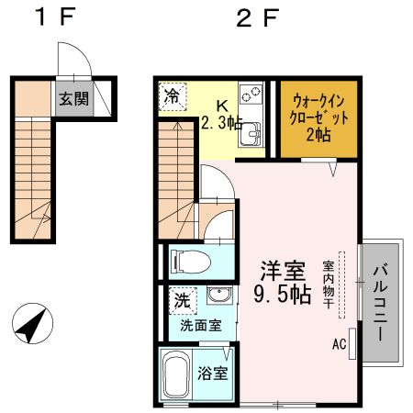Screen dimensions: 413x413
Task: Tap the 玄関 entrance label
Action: tap(75, 97)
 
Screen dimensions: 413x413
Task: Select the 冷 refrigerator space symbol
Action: tap(173, 95)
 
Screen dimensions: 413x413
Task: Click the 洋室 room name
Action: tap(282, 271)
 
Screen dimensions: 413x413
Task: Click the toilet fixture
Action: tap(186, 262)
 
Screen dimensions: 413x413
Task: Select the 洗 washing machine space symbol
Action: tap(183, 299)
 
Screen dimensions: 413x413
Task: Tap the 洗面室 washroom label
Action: tap(200, 325)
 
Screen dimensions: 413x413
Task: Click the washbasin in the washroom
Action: tap(217, 296)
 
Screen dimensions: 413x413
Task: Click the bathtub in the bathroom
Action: tap(177, 376)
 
